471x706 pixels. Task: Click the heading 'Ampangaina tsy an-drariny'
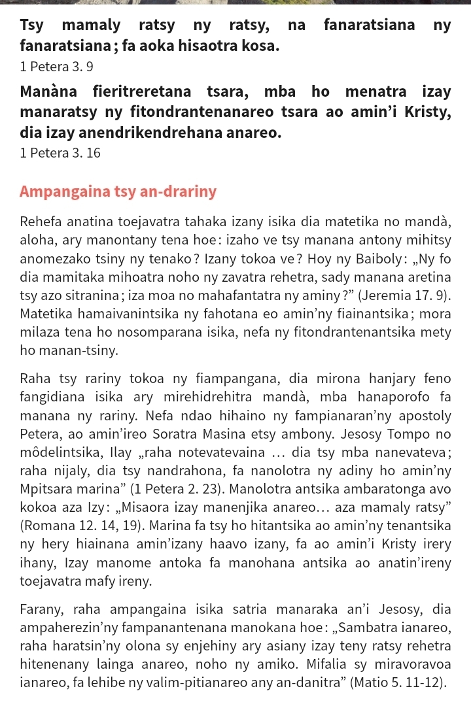[x=118, y=192]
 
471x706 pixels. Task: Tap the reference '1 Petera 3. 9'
[x=56, y=66]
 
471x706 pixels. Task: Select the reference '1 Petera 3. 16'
[x=60, y=153]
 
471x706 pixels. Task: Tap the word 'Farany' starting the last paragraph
[x=41, y=610]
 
